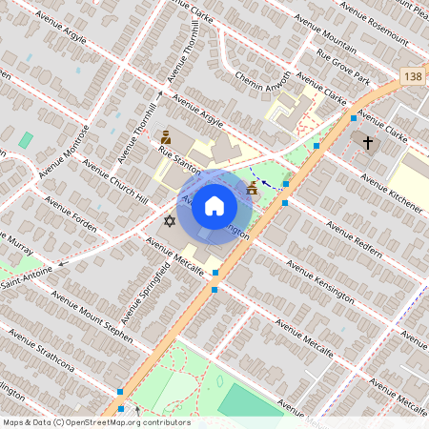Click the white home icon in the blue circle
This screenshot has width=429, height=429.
tap(214, 206)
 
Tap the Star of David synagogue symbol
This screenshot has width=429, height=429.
tap(170, 221)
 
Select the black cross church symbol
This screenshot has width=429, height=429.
tap(368, 142)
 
